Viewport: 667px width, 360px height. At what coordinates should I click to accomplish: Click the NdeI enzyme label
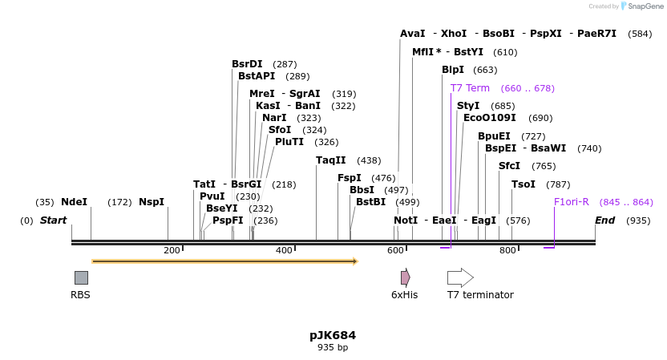tap(74, 202)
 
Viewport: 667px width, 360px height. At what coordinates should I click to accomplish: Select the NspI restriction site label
tap(152, 202)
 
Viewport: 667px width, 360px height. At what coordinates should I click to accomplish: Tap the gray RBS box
tap(81, 277)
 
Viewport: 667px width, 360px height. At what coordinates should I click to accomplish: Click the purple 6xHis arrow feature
tap(406, 277)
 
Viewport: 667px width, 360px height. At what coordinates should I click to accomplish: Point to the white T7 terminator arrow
tap(460, 277)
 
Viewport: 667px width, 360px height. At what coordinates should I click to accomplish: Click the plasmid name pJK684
tap(333, 335)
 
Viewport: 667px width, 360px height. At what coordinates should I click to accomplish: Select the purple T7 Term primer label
tap(470, 88)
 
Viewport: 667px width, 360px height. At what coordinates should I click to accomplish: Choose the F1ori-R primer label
tap(572, 202)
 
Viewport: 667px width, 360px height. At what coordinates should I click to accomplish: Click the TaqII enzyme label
tap(331, 160)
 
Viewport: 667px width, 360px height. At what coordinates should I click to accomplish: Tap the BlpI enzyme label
tap(453, 70)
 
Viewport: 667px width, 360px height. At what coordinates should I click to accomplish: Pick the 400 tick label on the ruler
tap(285, 251)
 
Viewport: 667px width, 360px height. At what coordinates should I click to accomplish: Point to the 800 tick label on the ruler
tap(508, 251)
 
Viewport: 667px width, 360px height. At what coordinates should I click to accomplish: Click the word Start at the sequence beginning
tap(54, 220)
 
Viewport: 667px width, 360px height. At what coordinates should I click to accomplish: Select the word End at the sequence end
tap(604, 220)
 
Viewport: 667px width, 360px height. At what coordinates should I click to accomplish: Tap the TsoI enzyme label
tap(523, 184)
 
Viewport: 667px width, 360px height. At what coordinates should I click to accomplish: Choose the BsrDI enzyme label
tap(247, 64)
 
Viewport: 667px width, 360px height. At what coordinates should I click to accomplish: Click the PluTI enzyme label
tap(289, 142)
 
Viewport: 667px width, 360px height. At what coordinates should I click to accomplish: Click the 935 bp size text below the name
tap(333, 348)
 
